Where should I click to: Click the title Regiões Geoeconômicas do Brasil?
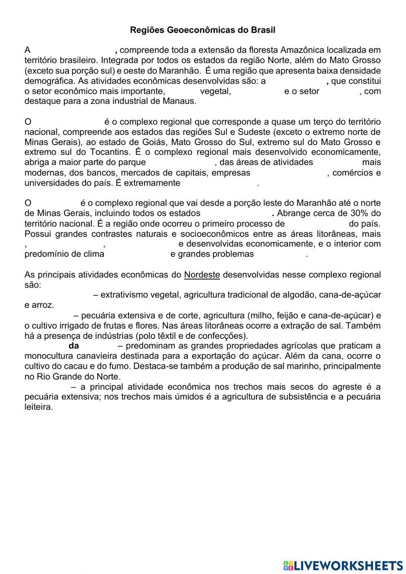point(203,30)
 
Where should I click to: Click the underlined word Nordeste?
point(202,275)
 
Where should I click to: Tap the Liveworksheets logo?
point(343,565)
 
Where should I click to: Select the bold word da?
point(74,346)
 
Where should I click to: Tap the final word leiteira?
point(39,407)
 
